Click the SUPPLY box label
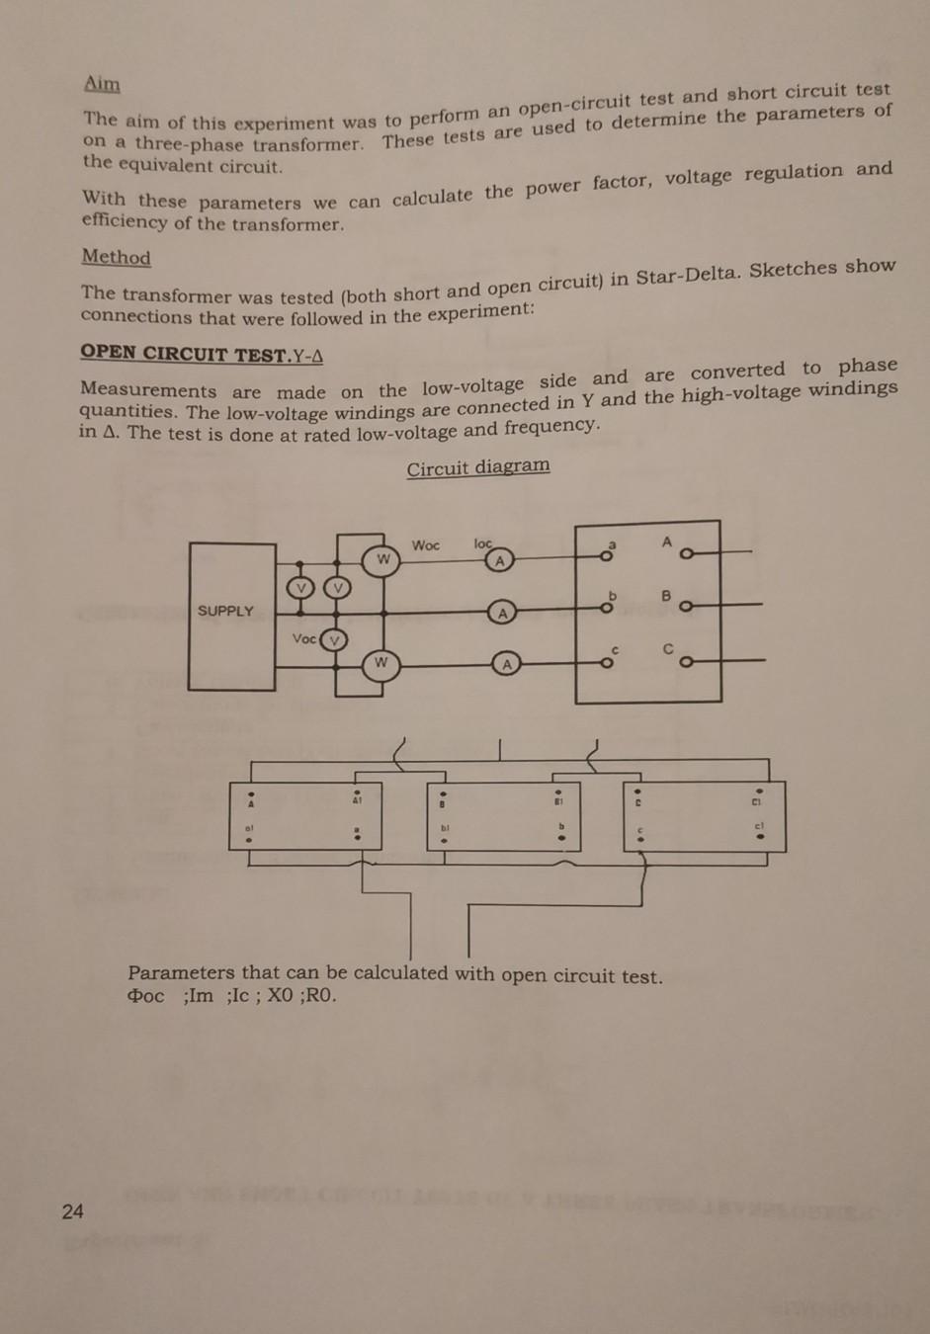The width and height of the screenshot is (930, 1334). pos(225,611)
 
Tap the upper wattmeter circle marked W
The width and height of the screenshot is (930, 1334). pos(381,560)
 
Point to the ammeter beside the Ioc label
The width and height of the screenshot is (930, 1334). pos(499,560)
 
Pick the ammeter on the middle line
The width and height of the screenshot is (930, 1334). pos(502,613)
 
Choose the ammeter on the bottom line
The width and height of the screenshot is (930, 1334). pos(506,664)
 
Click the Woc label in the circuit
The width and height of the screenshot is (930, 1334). pos(426,545)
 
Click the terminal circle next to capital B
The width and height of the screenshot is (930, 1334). pos(685,606)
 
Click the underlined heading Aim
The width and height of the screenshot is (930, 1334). pos(102,84)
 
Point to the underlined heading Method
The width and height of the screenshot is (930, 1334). pos(116,257)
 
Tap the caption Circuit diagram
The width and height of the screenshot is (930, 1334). pos(478,467)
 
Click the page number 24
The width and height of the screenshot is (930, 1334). pos(73,1211)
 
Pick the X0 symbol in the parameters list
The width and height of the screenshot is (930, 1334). pos(281,995)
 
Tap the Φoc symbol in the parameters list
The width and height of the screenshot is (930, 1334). pos(146,995)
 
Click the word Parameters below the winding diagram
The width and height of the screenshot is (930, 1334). pos(181,972)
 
